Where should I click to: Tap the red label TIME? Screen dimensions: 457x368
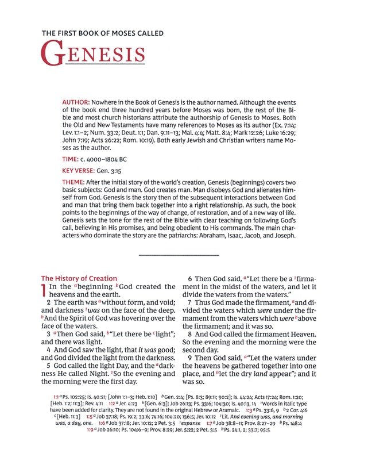tap(71, 157)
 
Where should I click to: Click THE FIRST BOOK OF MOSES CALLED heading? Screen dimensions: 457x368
tap(102, 34)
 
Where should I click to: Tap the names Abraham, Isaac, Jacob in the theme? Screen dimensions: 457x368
tap(244, 236)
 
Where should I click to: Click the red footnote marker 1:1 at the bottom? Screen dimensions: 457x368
tap(56, 397)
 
